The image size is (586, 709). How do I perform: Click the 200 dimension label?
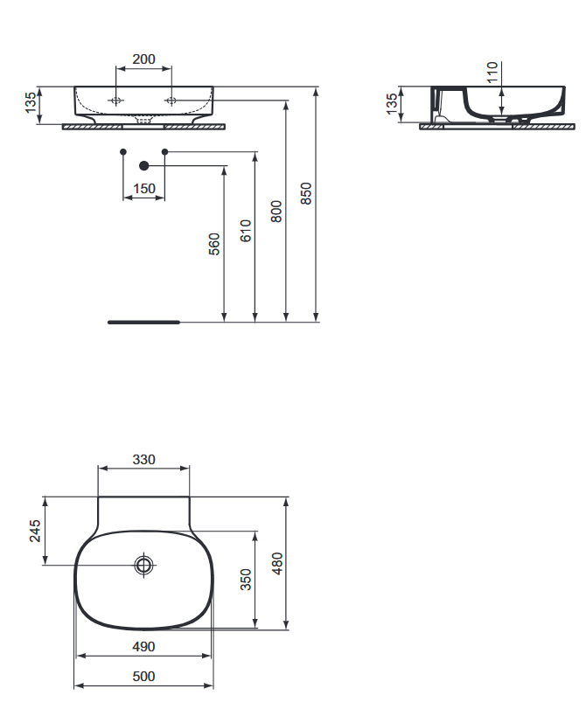(x=143, y=59)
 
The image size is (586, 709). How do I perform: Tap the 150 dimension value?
(x=144, y=189)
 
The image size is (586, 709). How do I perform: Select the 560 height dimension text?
(x=214, y=244)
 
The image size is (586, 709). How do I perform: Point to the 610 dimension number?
(x=245, y=231)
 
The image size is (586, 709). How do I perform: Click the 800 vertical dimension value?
(x=276, y=212)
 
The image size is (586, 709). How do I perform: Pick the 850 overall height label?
(x=306, y=193)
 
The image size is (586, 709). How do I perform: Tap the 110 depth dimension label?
(x=492, y=73)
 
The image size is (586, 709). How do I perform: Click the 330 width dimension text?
(x=144, y=459)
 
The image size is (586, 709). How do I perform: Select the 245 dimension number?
(x=35, y=531)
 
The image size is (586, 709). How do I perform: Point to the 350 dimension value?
(x=245, y=580)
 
